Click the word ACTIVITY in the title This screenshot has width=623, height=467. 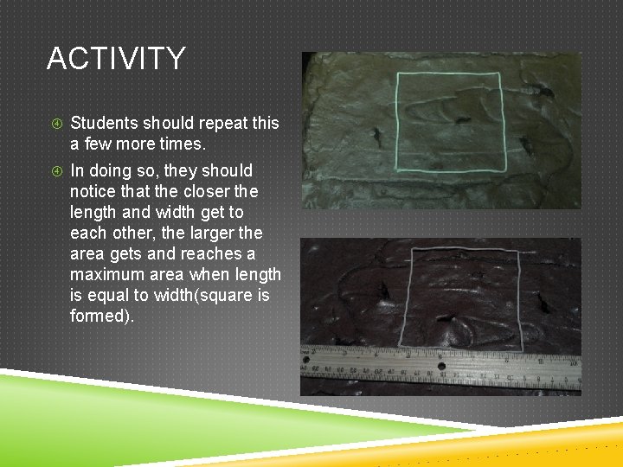(116, 59)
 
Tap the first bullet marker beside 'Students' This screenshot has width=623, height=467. (54, 123)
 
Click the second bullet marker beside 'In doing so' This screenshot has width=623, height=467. (54, 170)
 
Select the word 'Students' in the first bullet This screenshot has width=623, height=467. (106, 123)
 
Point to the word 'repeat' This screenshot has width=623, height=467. (198, 123)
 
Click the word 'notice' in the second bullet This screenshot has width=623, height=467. (93, 191)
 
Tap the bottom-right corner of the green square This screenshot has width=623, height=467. (505, 170)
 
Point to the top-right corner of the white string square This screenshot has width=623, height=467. (517, 250)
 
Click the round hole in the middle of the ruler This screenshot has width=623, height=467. (441, 366)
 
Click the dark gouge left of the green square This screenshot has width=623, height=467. (377, 135)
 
